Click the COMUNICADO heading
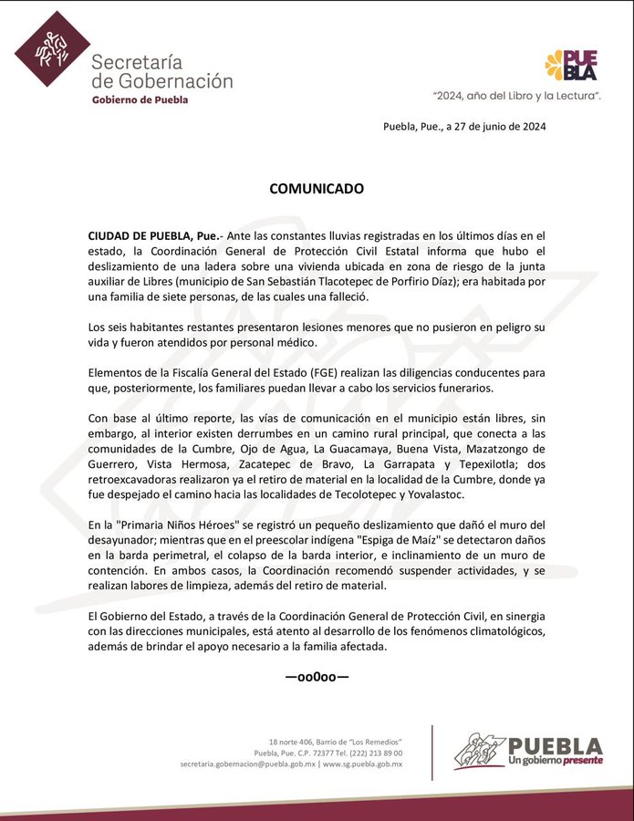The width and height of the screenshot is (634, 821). tap(317, 189)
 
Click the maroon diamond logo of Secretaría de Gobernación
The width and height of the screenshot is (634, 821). tap(51, 49)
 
